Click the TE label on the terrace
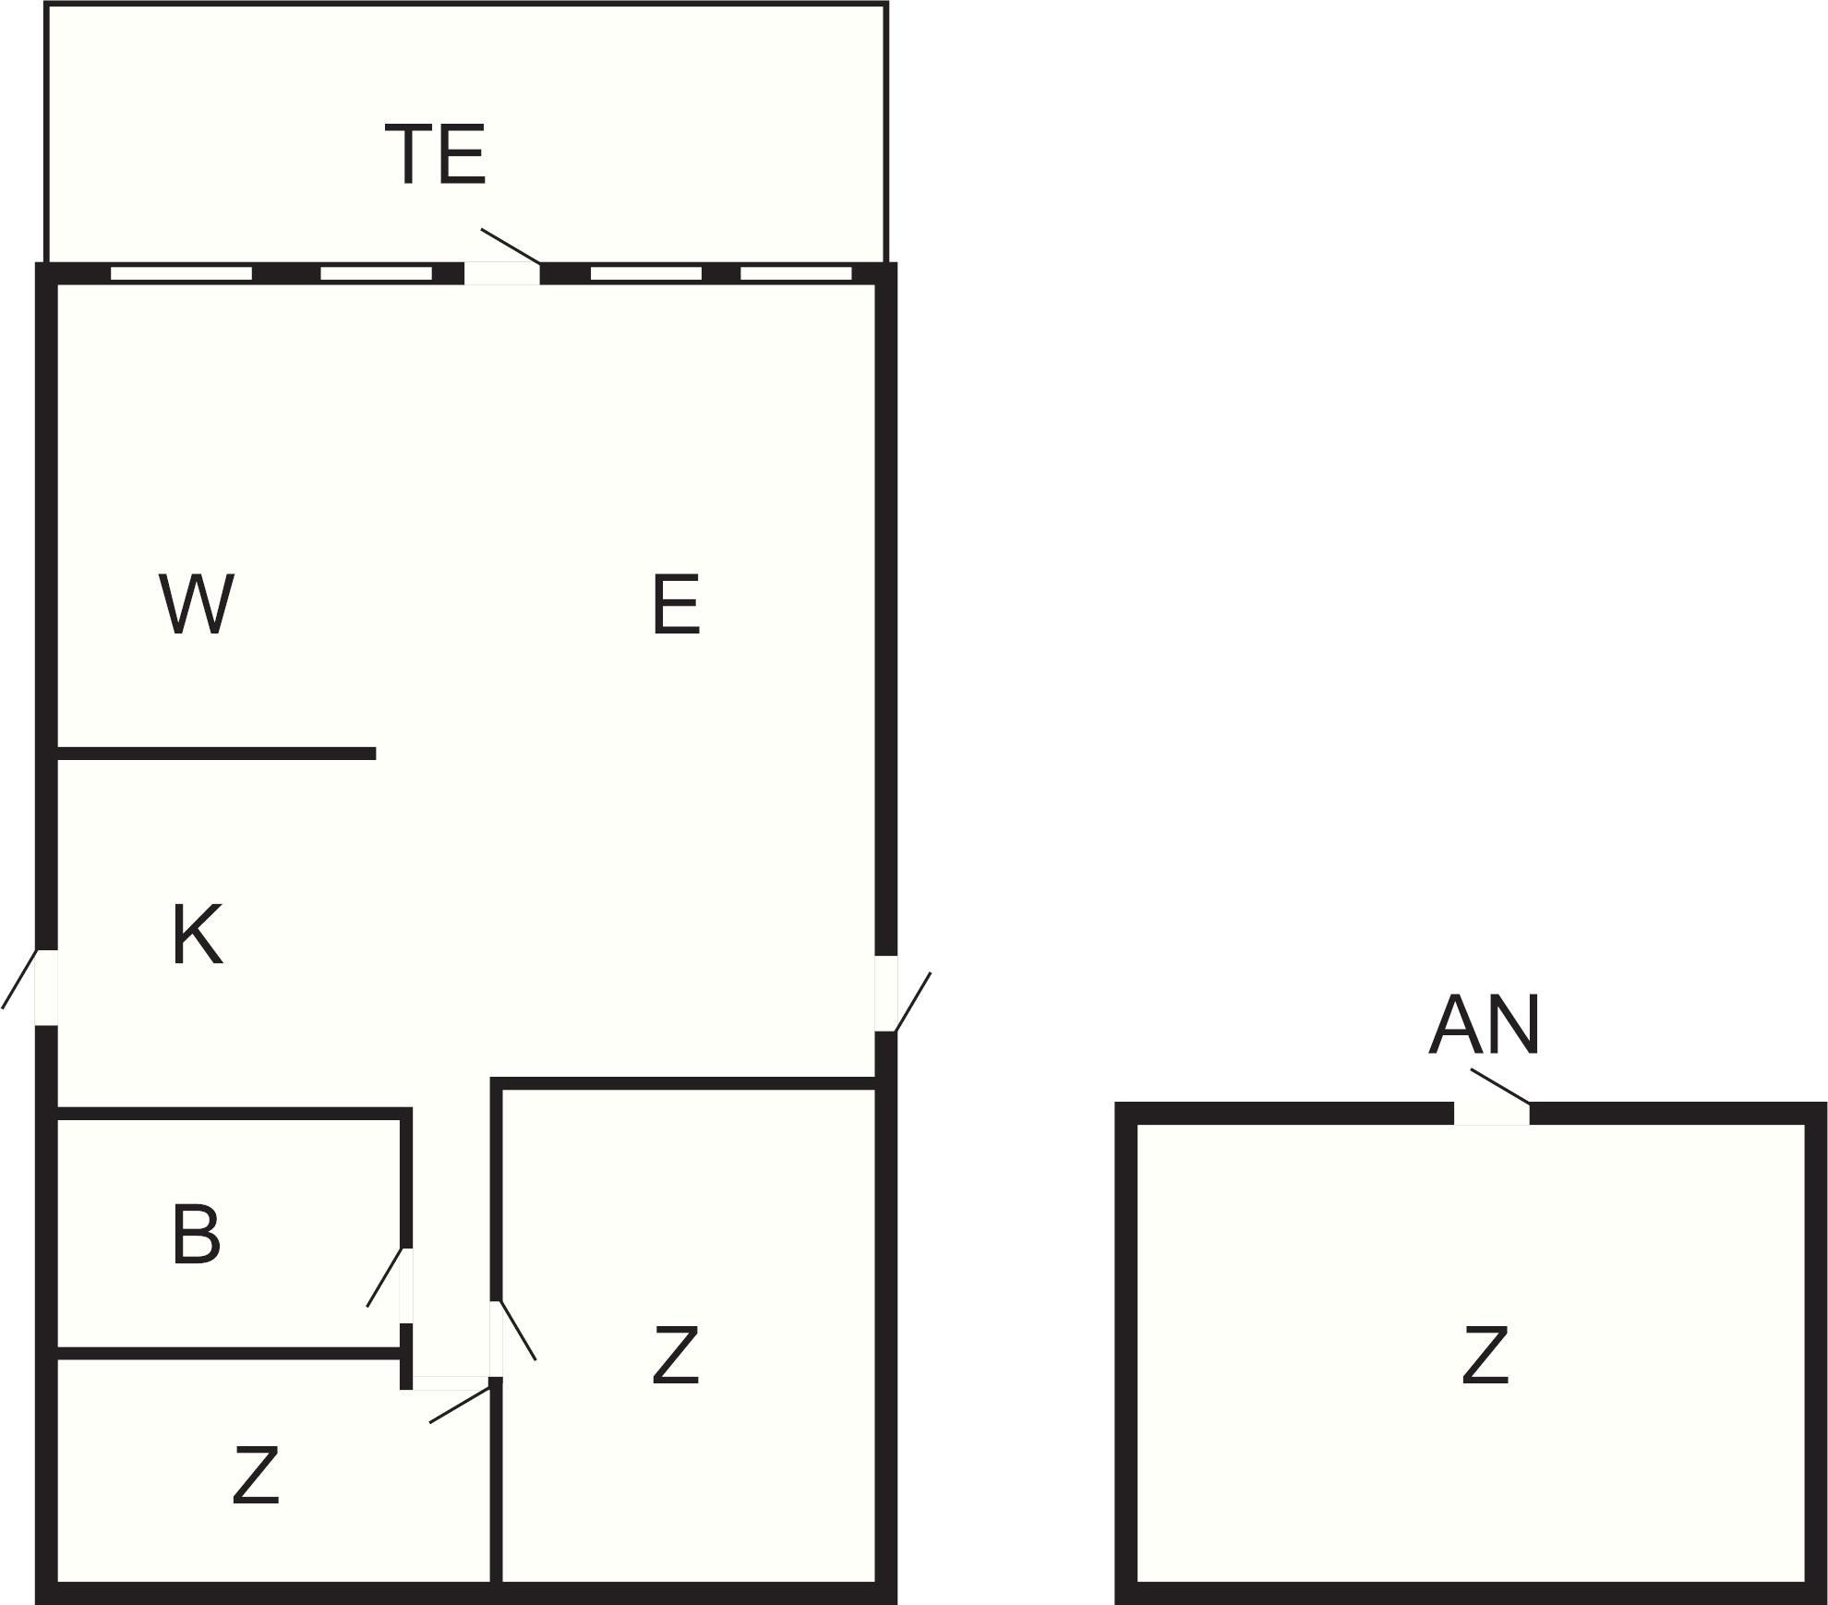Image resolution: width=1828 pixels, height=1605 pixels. point(436,154)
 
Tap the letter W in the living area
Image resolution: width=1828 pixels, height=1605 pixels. point(197,604)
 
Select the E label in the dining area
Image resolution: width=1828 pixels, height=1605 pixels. point(676,604)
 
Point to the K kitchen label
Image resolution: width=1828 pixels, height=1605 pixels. point(197,935)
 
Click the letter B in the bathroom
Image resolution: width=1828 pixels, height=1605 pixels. point(196,1235)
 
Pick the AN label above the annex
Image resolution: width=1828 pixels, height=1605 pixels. point(1484,1025)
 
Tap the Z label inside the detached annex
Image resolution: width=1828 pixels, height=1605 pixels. point(1485,1355)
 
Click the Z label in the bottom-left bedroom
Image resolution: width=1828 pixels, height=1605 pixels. point(255,1476)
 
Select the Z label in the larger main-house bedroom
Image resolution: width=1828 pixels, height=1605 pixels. point(675,1355)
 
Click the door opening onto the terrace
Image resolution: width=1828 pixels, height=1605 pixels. point(501,273)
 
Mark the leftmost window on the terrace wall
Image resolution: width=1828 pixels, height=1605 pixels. point(181,273)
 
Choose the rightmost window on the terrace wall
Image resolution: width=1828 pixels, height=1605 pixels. point(796,273)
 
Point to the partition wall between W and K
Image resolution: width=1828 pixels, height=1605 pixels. point(216,754)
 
